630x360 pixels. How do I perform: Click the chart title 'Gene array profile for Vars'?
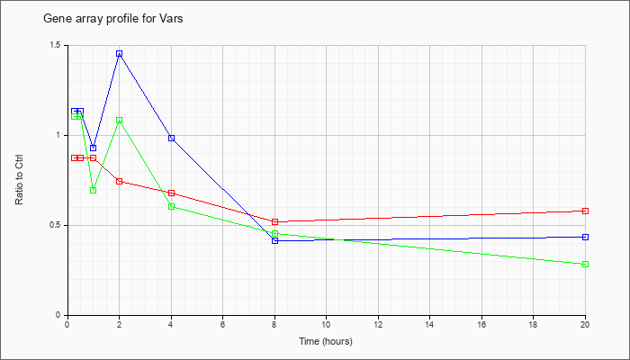pyautogui.click(x=112, y=19)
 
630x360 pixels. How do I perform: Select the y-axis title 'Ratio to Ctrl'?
pyautogui.click(x=19, y=180)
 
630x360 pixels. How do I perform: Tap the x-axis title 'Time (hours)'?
pyautogui.click(x=326, y=341)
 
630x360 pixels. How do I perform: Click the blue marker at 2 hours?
pyautogui.click(x=120, y=54)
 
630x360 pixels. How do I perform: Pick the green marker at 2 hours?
pyautogui.click(x=120, y=120)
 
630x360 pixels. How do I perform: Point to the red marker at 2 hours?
pyautogui.click(x=120, y=181)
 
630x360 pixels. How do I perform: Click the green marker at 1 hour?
pyautogui.click(x=94, y=190)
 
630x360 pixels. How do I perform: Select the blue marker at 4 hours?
pyautogui.click(x=172, y=138)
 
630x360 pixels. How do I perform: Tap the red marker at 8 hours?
pyautogui.click(x=275, y=221)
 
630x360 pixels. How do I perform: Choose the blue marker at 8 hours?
pyautogui.click(x=275, y=240)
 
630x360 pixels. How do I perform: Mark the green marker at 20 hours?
pyautogui.click(x=585, y=264)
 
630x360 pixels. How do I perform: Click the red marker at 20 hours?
pyautogui.click(x=585, y=211)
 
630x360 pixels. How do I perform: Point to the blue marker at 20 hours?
pyautogui.click(x=585, y=237)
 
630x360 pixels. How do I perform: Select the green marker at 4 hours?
pyautogui.click(x=172, y=206)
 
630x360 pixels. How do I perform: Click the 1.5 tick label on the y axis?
pyautogui.click(x=56, y=45)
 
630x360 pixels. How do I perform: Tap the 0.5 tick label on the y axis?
pyautogui.click(x=56, y=225)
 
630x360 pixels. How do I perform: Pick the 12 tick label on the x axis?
pyautogui.click(x=378, y=324)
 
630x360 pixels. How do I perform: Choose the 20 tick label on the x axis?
pyautogui.click(x=585, y=324)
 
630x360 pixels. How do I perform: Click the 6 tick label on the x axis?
pyautogui.click(x=222, y=324)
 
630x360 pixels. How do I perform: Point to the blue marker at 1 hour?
pyautogui.click(x=94, y=148)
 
